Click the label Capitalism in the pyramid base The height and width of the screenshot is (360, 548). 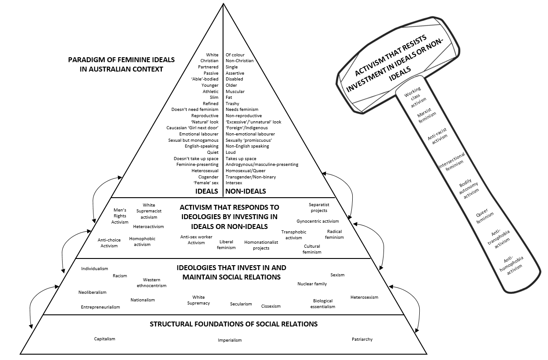pos(105,339)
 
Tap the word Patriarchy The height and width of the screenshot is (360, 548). pos(362,339)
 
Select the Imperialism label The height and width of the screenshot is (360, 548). pos(230,340)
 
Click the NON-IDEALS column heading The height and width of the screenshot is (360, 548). pos(245,191)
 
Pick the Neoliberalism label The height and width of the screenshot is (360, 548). pos(93,292)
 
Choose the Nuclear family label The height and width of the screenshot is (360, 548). pos(312,284)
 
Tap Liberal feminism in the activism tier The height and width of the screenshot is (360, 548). pos(226,245)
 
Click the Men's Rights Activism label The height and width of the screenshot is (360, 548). pos(120,216)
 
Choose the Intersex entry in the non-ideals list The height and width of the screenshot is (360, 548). pos(234,183)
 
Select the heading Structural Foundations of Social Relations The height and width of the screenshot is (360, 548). pos(234,324)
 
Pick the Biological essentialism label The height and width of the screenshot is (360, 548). pos(323,304)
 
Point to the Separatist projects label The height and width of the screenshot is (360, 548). pos(319,208)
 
